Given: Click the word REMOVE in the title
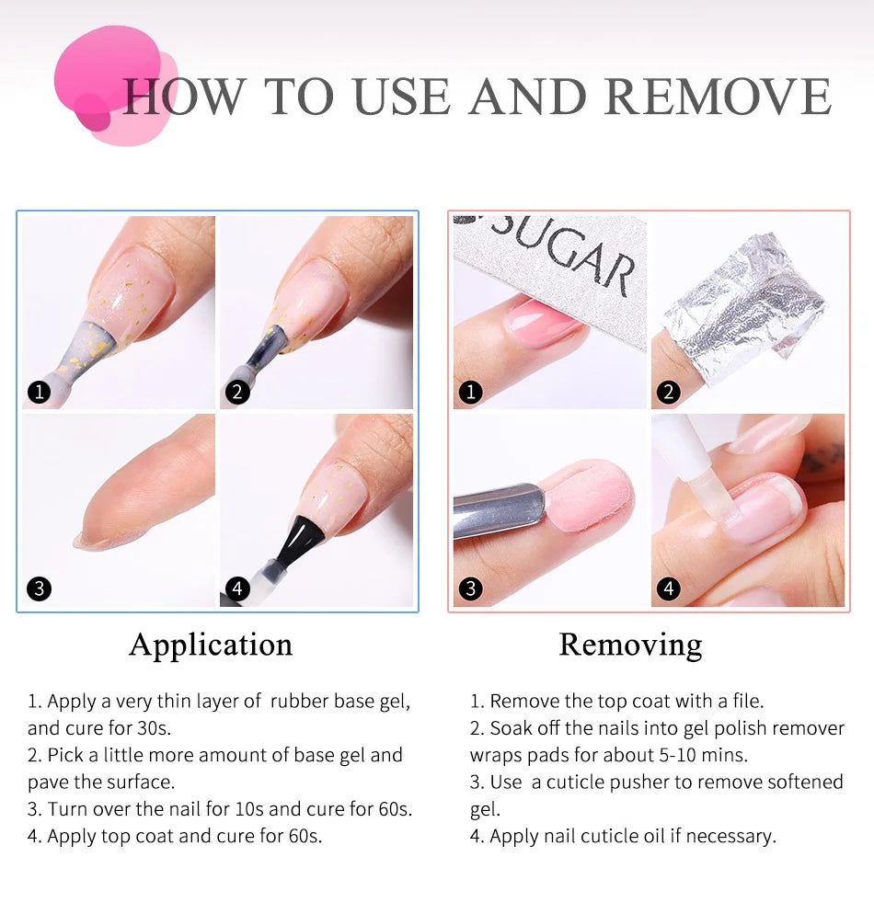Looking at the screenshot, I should [x=718, y=97].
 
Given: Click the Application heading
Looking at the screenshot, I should [x=211, y=644].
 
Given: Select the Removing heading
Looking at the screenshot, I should [x=630, y=644].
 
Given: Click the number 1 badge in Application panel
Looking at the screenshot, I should [x=38, y=393].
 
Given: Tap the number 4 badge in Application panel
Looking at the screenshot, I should [x=236, y=588].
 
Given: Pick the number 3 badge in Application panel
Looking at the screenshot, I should [x=38, y=588].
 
